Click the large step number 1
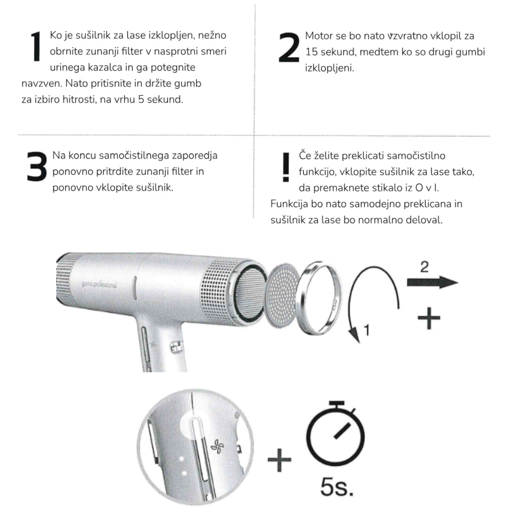(35, 47)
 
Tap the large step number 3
(37, 166)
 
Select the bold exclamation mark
(286, 167)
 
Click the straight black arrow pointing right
(432, 282)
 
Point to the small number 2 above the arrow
(424, 267)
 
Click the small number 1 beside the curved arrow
(367, 330)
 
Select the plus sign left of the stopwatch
(279, 460)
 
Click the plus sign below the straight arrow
(429, 318)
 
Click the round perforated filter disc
(282, 296)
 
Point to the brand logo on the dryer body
(99, 284)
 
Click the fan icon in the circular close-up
(217, 446)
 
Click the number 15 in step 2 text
(311, 52)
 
